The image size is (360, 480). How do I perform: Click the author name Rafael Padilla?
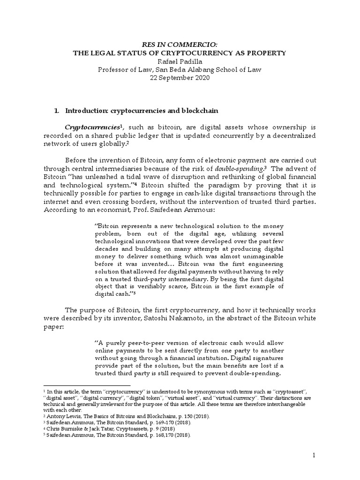tap(180, 61)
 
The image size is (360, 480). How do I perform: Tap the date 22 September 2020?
tap(180, 78)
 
